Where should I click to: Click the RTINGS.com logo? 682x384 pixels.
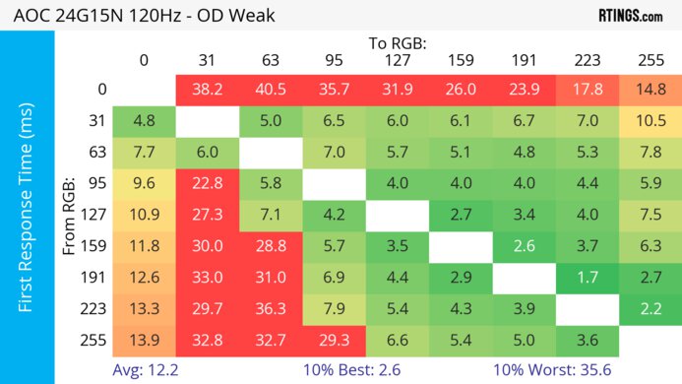(630, 15)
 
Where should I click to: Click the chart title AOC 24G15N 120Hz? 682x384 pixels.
(138, 15)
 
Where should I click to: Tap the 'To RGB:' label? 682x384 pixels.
(398, 43)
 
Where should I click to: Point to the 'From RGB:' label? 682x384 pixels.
(70, 217)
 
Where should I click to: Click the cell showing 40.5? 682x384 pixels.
(271, 90)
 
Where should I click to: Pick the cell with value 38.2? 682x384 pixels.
(207, 90)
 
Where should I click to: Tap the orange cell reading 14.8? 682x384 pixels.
(650, 90)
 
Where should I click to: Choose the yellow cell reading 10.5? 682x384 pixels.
(650, 121)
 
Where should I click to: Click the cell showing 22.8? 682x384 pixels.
(207, 184)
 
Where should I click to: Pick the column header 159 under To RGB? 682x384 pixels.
(461, 60)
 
